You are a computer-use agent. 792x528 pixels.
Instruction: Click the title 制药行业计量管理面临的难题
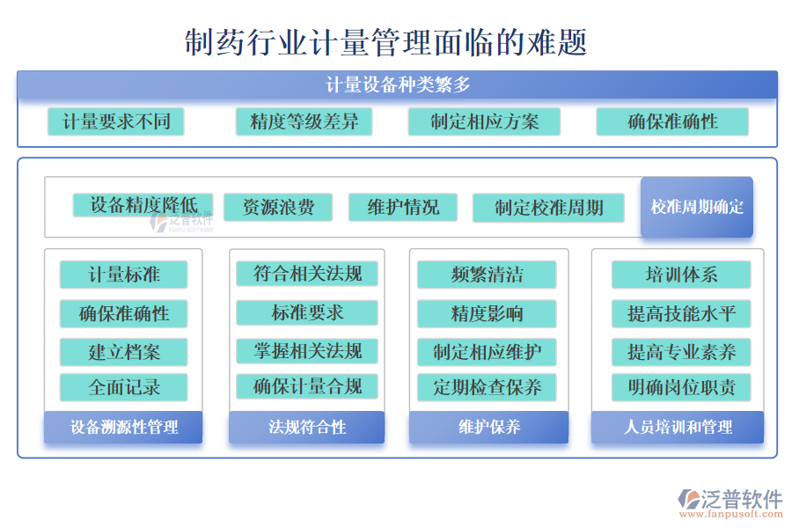click(x=386, y=41)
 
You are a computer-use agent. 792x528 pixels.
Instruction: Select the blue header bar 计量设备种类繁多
click(x=397, y=85)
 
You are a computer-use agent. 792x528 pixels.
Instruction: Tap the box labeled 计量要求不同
click(x=116, y=121)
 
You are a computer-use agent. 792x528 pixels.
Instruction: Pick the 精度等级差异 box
click(x=304, y=121)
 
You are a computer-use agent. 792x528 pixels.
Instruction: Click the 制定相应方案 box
click(x=485, y=121)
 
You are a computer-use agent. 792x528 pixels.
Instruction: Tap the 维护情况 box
click(x=403, y=208)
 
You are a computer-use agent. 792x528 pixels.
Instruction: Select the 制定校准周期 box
click(x=548, y=208)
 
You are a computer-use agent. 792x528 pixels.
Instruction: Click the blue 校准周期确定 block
click(x=697, y=208)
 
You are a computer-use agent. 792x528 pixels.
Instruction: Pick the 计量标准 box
click(x=124, y=275)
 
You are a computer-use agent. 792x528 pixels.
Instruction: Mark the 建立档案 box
click(x=124, y=352)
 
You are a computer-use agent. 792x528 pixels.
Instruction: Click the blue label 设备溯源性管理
click(x=124, y=428)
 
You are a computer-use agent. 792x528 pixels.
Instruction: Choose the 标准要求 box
click(x=307, y=312)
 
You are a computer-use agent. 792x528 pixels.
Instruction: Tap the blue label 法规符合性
click(x=307, y=428)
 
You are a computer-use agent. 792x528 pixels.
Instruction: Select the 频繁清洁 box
click(x=487, y=275)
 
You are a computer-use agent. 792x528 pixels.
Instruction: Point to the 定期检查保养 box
click(x=487, y=386)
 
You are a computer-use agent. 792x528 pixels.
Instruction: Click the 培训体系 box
click(x=681, y=275)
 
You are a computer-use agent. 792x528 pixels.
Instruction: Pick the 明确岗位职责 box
click(x=681, y=387)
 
